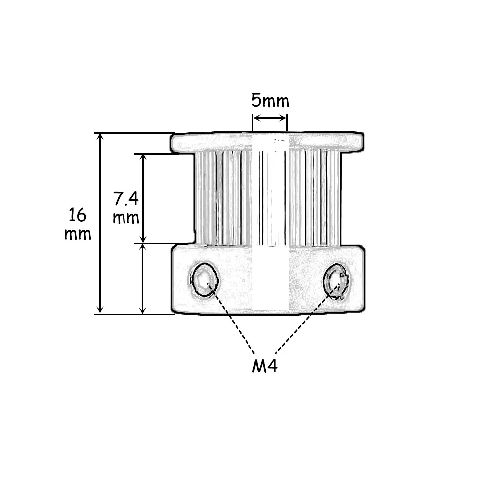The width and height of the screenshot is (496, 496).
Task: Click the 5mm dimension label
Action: tap(270, 101)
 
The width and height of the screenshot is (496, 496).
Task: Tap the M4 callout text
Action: tap(265, 366)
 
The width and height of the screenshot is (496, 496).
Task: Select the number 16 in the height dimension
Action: tap(77, 215)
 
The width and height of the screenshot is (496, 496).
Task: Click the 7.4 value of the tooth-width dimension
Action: tap(126, 199)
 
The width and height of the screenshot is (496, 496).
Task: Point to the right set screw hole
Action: tap(337, 281)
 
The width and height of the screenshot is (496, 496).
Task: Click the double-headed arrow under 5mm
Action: tap(270, 119)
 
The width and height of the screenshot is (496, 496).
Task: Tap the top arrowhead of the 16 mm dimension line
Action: tap(100, 137)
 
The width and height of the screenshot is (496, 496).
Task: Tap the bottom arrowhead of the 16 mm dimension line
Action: tap(100, 310)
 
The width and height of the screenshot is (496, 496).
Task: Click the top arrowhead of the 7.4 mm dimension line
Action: tap(143, 158)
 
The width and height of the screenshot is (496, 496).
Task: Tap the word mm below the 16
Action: tap(78, 234)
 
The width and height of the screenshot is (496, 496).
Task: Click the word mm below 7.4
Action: tap(126, 218)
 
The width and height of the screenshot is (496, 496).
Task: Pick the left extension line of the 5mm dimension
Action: tap(253, 123)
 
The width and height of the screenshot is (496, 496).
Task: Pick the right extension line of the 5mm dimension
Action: tap(287, 123)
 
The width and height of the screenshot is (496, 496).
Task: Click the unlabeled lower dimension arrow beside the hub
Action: tap(143, 279)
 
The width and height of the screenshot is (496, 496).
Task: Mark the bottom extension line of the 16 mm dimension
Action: tap(134, 314)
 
